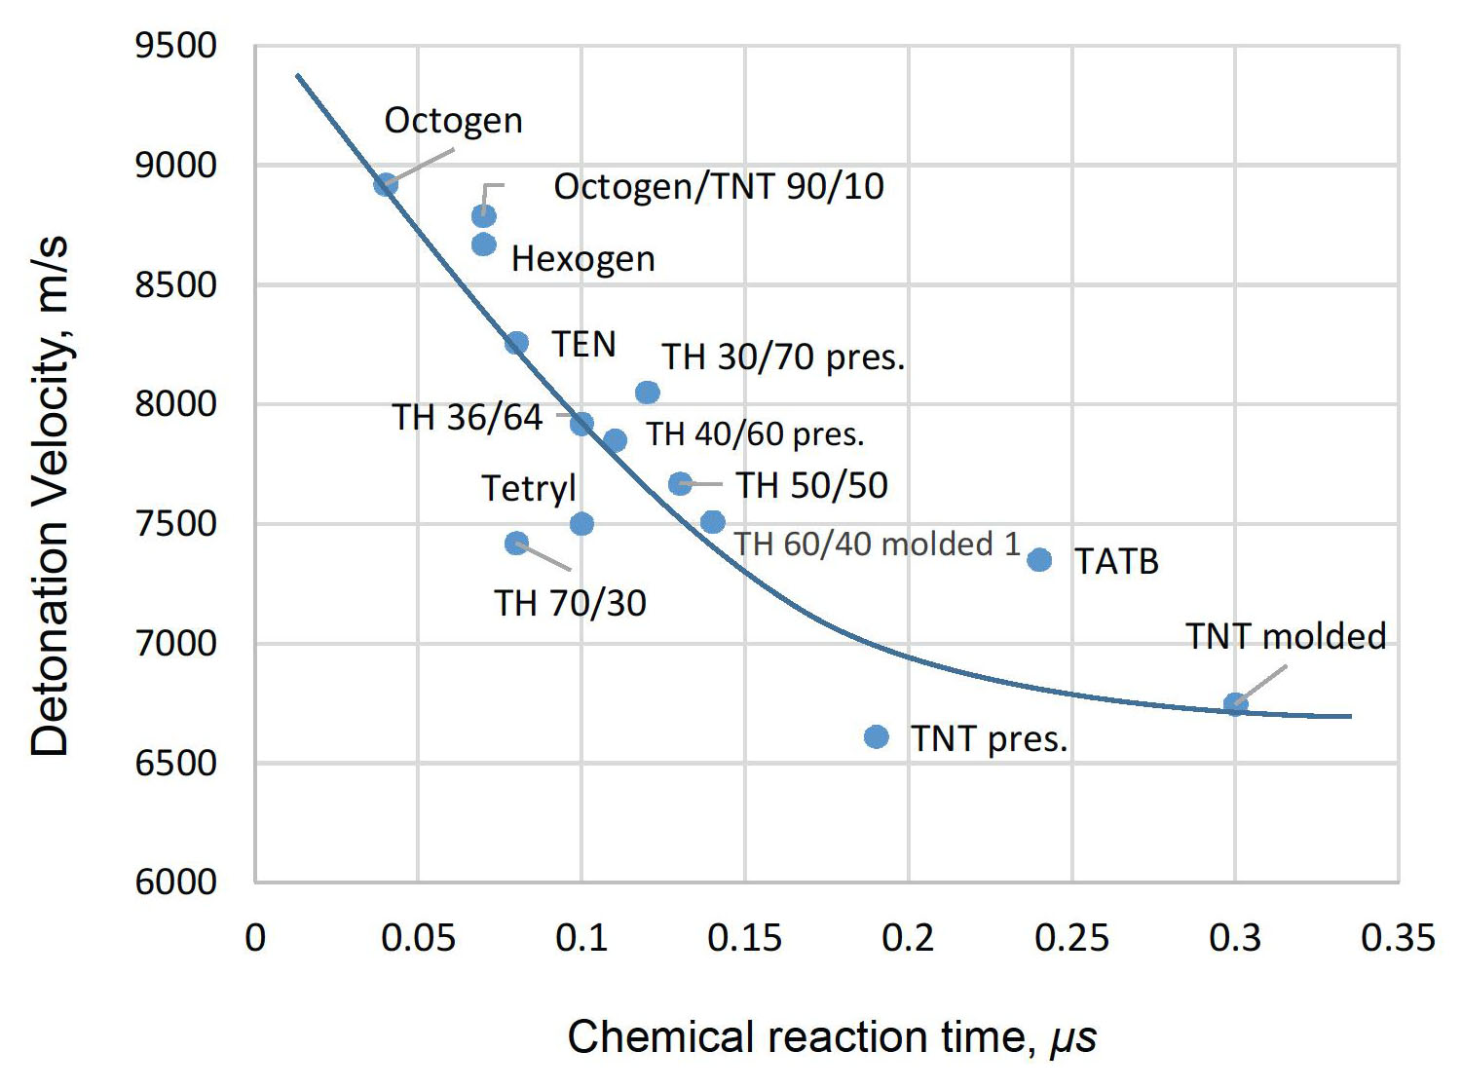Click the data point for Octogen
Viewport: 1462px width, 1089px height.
[x=386, y=184]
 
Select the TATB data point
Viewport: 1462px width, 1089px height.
[x=1039, y=560]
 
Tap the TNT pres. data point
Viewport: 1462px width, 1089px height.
[x=877, y=737]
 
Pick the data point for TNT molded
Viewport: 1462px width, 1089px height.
[x=1235, y=704]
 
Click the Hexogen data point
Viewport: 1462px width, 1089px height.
[x=484, y=244]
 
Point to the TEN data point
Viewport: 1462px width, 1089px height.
[x=516, y=343]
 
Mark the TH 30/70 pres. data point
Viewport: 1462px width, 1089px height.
[x=648, y=393]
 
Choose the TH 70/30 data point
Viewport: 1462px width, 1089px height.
[x=516, y=544]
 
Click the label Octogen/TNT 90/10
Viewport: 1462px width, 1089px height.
[x=719, y=186]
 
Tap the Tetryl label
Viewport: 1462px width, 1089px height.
[x=529, y=488]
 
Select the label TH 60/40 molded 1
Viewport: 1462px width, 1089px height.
[x=877, y=544]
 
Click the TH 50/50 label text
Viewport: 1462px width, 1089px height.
[x=811, y=485]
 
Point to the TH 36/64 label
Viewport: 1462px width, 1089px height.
[x=468, y=417]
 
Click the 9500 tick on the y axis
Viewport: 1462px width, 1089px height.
[x=176, y=46]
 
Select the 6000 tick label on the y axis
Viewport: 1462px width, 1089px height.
[x=176, y=882]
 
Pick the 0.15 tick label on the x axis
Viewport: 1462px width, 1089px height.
[x=745, y=938]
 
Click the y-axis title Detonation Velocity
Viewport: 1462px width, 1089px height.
[x=51, y=497]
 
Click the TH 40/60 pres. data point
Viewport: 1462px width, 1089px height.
[x=615, y=441]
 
